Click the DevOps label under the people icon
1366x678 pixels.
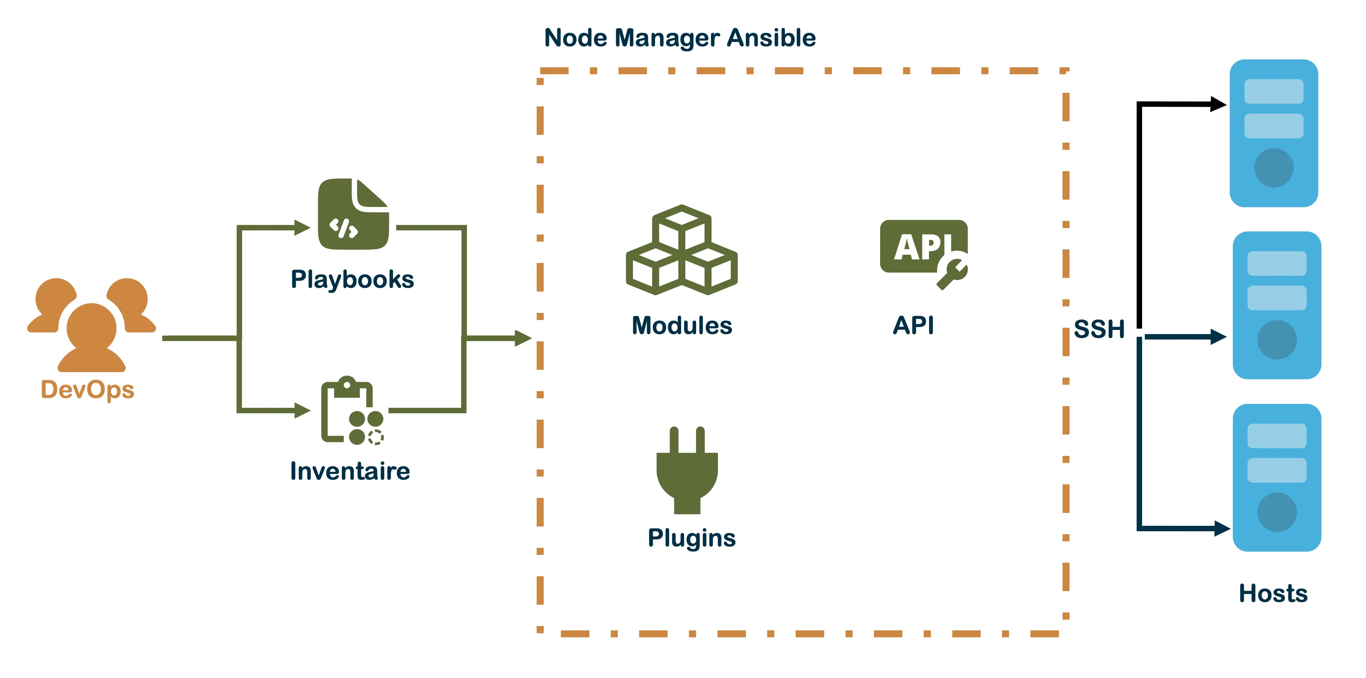87,390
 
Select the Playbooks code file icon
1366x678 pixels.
353,214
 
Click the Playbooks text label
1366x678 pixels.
352,280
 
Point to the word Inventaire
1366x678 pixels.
350,471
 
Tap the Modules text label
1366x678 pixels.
681,326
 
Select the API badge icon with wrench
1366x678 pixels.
923,251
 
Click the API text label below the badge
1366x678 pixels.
913,325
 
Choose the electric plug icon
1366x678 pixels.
687,471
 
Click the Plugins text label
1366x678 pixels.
692,538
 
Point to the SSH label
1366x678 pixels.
1099,329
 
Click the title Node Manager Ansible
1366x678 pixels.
680,38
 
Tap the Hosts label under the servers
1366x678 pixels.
1273,593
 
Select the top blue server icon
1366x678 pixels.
1274,133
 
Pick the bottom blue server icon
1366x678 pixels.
1276,478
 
